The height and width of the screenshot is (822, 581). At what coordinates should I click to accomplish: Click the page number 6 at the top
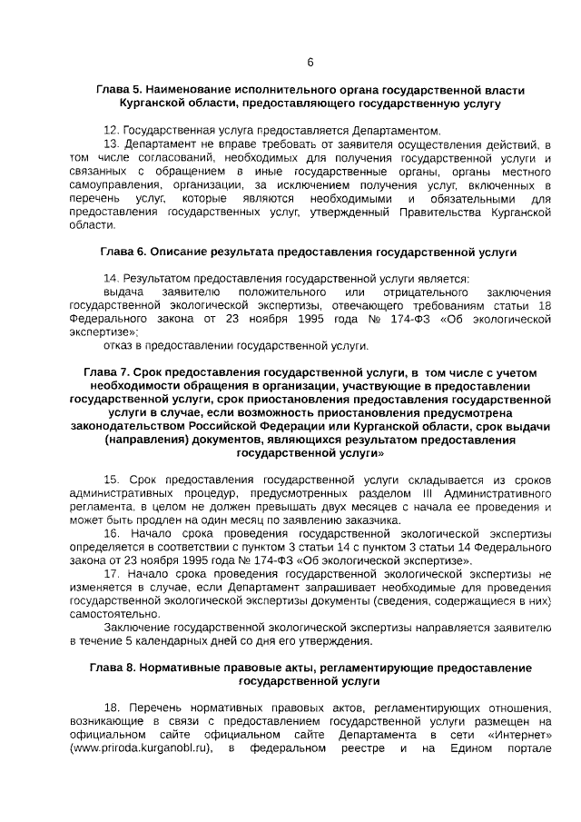pos(310,63)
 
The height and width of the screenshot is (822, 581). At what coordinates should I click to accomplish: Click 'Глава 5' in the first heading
pos(118,92)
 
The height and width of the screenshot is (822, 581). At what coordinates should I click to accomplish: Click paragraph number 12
pos(112,131)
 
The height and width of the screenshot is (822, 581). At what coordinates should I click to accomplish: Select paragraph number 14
pos(112,278)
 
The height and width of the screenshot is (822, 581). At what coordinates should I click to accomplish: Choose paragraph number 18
pos(113,707)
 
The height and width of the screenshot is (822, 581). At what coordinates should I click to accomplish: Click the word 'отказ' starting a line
pos(119,345)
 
